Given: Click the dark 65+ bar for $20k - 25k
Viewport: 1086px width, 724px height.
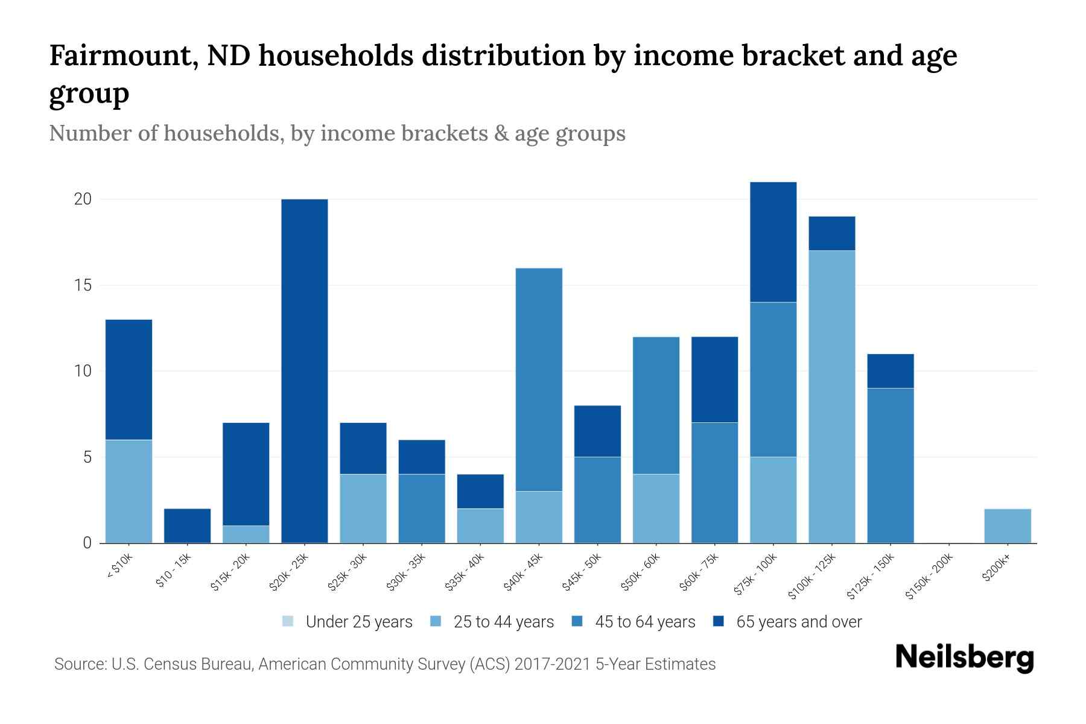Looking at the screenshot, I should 305,371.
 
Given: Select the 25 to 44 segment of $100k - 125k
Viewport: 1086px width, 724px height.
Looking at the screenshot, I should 832,396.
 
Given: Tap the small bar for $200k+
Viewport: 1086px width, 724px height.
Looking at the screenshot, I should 1008,526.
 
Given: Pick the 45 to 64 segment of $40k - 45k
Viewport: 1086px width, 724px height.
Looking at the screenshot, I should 539,379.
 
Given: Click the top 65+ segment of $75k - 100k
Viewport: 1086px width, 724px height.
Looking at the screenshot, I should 773,242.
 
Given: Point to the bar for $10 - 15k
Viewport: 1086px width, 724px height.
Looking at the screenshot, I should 188,526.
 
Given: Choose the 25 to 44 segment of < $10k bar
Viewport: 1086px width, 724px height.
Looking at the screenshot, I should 129,491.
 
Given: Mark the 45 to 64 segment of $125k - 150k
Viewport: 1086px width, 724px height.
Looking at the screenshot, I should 891,465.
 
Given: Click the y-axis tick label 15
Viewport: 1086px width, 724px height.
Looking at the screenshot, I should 83,285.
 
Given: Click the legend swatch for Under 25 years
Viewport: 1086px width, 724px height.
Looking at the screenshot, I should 288,621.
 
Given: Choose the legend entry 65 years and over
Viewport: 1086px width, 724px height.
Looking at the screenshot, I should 799,622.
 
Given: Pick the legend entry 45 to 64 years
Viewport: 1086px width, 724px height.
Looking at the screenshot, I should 645,622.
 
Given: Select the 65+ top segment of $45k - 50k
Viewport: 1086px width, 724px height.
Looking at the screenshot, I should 597,431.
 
